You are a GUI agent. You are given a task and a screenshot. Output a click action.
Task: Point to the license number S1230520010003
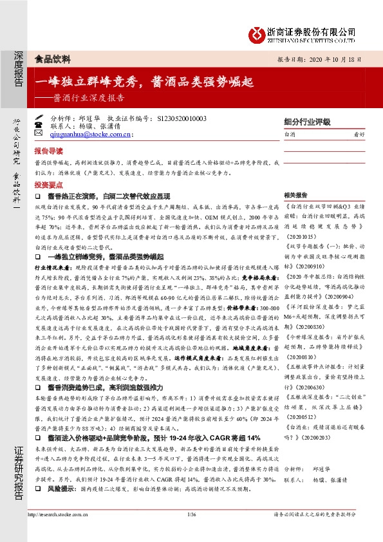[x=182, y=119]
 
